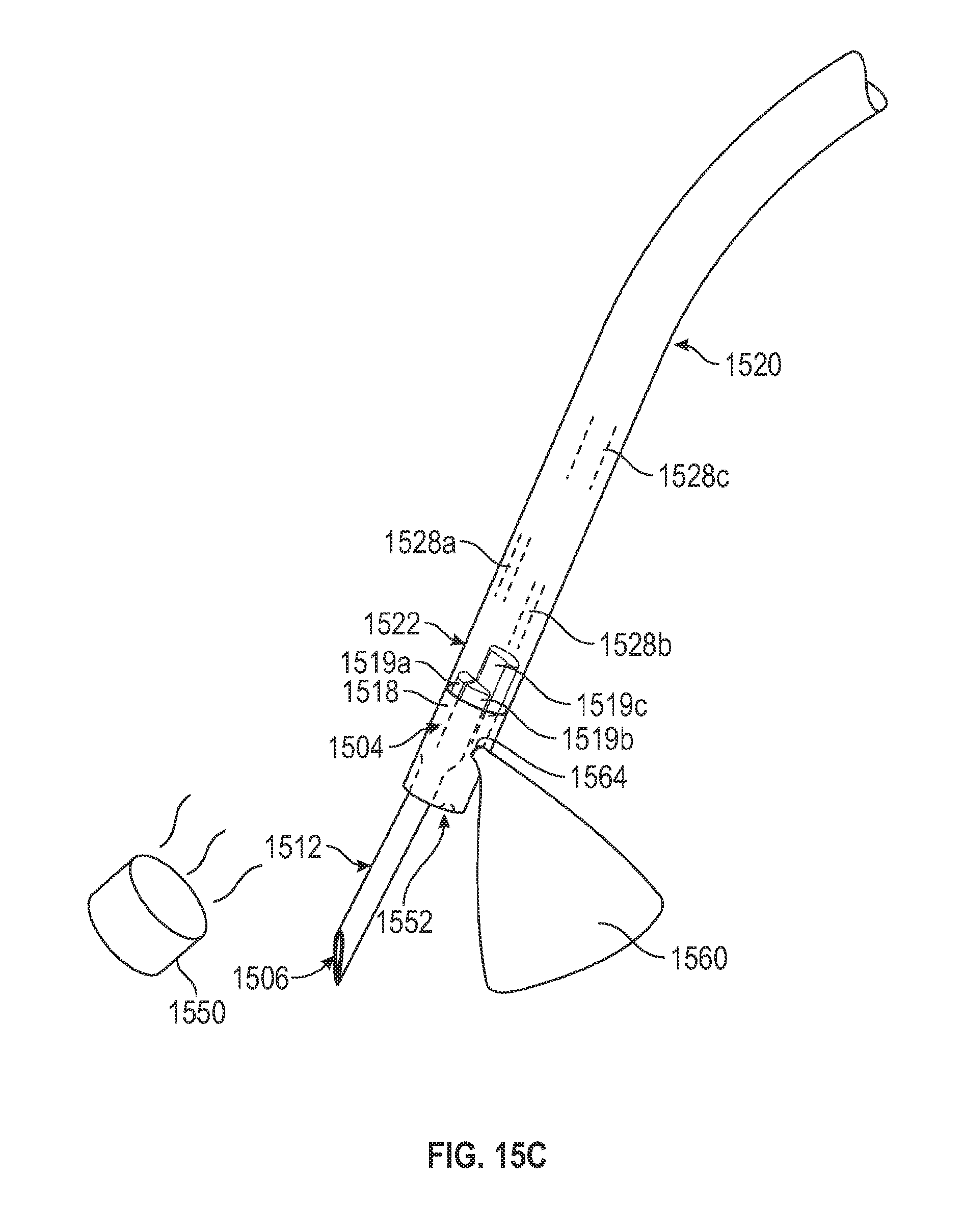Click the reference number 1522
pyautogui.click(x=392, y=624)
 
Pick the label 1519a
pyautogui.click(x=376, y=663)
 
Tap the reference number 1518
pyautogui.click(x=371, y=692)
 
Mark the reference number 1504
pyautogui.click(x=356, y=747)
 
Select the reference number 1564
pyautogui.click(x=599, y=778)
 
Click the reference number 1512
pyautogui.click(x=293, y=848)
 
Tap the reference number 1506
pyautogui.click(x=261, y=978)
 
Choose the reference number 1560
pyautogui.click(x=699, y=958)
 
